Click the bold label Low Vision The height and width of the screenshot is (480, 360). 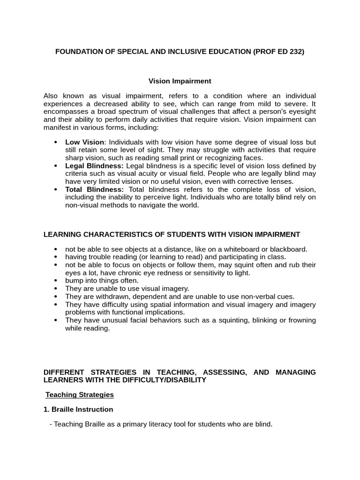point(84,142)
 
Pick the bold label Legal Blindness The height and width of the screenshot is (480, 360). point(94,165)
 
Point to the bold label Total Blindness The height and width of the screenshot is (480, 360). point(94,189)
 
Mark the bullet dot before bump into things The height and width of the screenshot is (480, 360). point(56,281)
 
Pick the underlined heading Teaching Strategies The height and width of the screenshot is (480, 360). point(79,395)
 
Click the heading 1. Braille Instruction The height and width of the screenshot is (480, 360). point(78,409)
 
